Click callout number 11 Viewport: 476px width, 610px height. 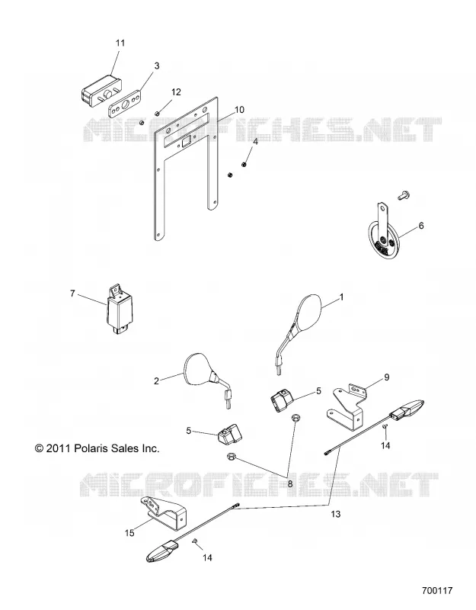(x=120, y=43)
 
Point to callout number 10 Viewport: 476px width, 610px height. (x=239, y=110)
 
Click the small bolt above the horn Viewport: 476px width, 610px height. (x=403, y=195)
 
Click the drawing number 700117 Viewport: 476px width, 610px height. (x=437, y=590)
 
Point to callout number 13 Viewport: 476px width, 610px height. (x=335, y=514)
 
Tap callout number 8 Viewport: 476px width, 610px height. (x=290, y=484)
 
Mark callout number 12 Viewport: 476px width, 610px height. (x=176, y=92)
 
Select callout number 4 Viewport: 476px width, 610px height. (x=255, y=142)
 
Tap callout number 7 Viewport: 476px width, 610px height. (x=72, y=294)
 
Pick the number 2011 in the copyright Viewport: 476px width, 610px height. (x=59, y=448)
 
